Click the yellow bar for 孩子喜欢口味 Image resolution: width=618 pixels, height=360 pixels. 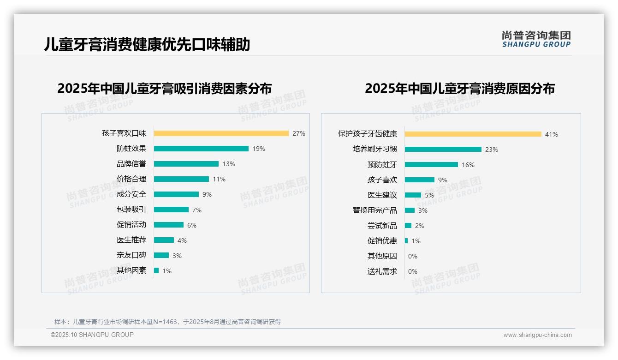[221, 133]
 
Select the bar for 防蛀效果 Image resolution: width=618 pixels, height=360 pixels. [201, 149]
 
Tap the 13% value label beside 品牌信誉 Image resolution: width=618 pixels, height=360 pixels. [228, 164]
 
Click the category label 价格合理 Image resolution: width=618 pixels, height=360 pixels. [131, 179]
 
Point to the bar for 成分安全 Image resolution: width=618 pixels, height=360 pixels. [176, 194]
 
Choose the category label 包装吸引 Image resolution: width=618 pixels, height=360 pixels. [131, 210]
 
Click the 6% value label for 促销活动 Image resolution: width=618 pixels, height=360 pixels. [191, 225]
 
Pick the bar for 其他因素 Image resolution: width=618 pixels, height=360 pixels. [156, 270]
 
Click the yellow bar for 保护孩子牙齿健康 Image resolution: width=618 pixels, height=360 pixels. [473, 134]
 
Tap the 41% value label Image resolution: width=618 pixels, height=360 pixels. [551, 134]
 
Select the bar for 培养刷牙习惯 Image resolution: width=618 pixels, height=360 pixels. [443, 150]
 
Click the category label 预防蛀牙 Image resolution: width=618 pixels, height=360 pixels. [382, 165]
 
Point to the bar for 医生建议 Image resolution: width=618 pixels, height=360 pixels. [413, 195]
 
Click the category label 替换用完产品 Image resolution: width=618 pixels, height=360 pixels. [374, 210]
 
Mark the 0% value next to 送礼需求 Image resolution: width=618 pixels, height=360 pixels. [412, 271]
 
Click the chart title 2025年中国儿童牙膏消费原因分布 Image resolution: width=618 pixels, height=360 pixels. [459, 89]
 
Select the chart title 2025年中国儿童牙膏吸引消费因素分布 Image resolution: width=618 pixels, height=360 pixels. [164, 89]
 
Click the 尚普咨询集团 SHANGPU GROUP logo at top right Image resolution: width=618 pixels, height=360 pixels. [536, 39]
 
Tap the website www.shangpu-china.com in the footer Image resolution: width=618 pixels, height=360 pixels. [537, 335]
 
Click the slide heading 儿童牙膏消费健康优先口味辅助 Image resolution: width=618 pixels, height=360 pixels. [147, 45]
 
